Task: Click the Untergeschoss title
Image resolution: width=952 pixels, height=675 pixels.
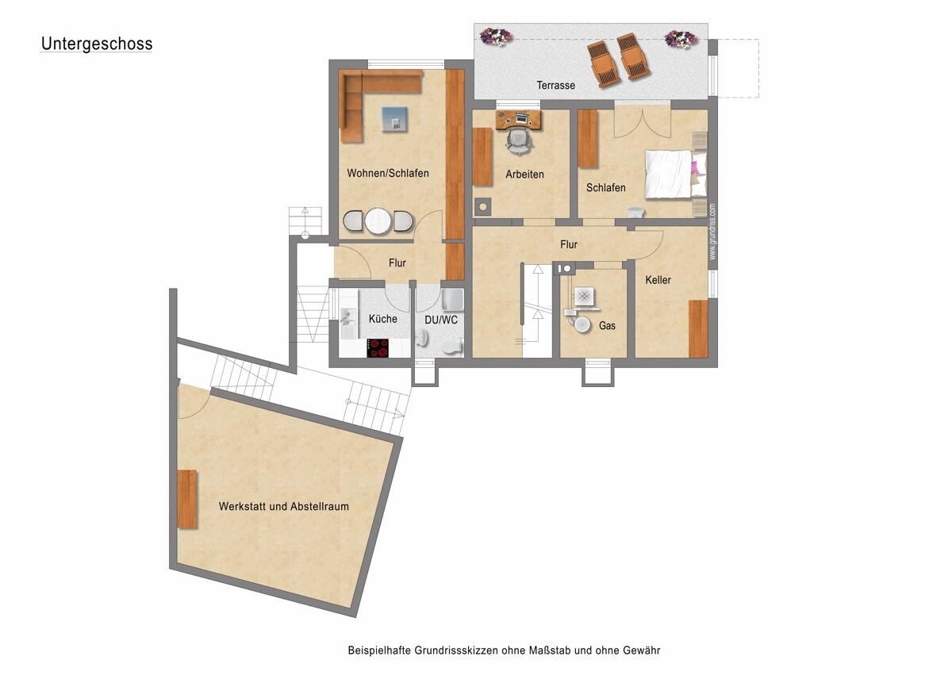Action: [x=97, y=44]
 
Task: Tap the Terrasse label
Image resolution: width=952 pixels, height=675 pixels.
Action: [x=555, y=86]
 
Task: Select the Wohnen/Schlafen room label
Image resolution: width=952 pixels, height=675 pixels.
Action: [x=388, y=174]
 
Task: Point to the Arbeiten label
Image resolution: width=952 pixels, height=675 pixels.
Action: [x=524, y=175]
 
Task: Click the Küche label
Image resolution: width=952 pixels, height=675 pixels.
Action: [x=382, y=319]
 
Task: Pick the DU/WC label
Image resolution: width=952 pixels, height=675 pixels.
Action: [x=441, y=320]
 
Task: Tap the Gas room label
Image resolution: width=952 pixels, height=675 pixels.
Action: [x=607, y=326]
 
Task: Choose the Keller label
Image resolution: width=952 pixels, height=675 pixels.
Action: [x=658, y=280]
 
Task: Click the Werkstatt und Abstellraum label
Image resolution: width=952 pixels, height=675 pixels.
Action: [x=283, y=506]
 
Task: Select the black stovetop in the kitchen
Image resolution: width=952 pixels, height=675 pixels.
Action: [x=378, y=348]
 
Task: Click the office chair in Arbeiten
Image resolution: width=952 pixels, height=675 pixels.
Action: [x=519, y=140]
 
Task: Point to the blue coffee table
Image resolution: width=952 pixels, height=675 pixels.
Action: [x=394, y=119]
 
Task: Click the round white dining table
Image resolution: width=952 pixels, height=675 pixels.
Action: [x=378, y=221]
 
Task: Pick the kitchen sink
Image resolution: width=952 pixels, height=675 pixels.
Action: [x=348, y=316]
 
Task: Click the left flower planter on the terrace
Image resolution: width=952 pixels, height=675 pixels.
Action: [x=496, y=36]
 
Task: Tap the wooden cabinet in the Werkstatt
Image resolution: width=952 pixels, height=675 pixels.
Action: [x=187, y=499]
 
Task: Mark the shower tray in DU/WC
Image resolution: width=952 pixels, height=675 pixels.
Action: [x=453, y=300]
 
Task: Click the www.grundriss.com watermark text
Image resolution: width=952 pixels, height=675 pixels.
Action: [x=712, y=232]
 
